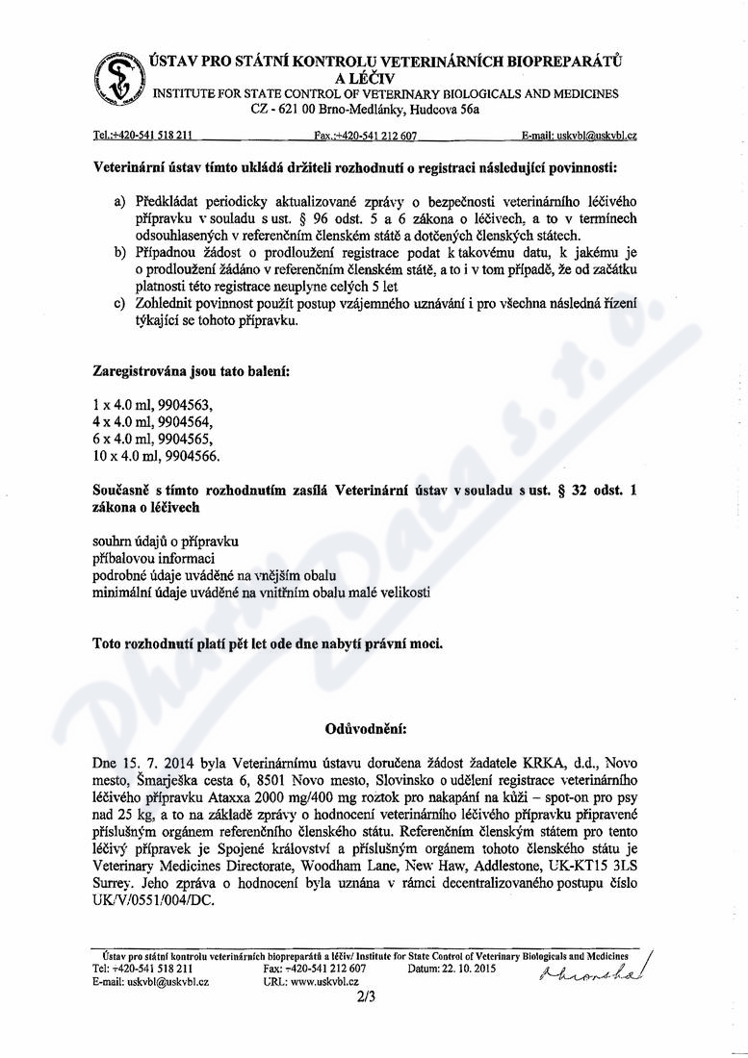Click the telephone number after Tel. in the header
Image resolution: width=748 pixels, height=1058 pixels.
[154, 137]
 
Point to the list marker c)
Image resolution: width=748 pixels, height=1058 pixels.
[119, 305]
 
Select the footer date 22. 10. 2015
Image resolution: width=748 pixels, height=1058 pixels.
[468, 969]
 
